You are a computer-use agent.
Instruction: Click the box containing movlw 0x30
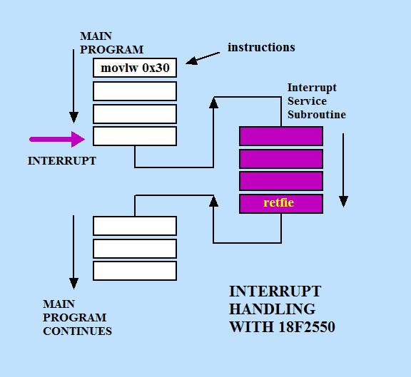pos(135,68)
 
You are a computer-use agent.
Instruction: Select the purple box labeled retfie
pos(280,203)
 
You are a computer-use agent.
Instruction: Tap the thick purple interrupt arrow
pos(57,138)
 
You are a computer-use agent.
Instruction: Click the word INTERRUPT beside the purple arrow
pos(61,161)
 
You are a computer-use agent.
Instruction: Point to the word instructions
pos(261,48)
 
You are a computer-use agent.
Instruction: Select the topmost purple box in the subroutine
pos(280,135)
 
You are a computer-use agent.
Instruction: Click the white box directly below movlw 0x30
pos(135,91)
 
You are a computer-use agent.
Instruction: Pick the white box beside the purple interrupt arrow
pos(135,135)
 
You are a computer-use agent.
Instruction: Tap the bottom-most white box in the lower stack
pos(135,271)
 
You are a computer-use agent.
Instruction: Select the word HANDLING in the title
pos(272,309)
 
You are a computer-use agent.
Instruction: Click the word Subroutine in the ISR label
pos(316,114)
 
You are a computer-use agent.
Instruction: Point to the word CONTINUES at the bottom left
pos(77,331)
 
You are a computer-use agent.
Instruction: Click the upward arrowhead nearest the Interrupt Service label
pos(213,103)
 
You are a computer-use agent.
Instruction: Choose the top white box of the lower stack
pos(135,225)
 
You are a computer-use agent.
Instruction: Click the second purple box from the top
pos(280,158)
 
